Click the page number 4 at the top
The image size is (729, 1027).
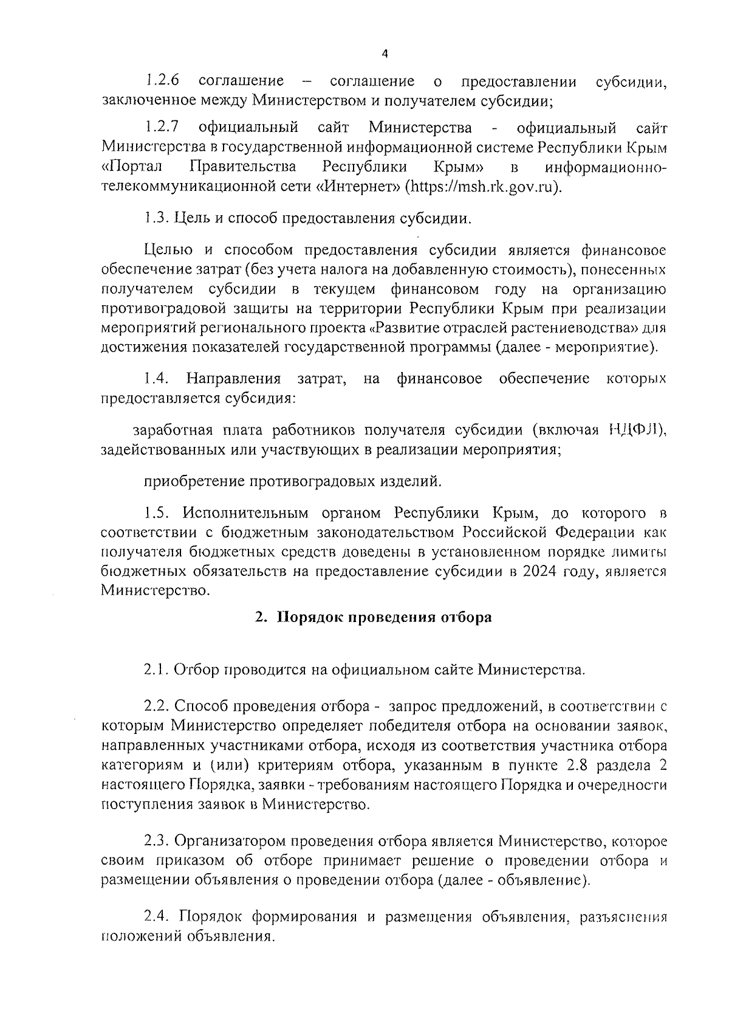[x=385, y=54]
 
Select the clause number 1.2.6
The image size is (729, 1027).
[x=162, y=81]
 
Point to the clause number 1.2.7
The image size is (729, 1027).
[x=162, y=128]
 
